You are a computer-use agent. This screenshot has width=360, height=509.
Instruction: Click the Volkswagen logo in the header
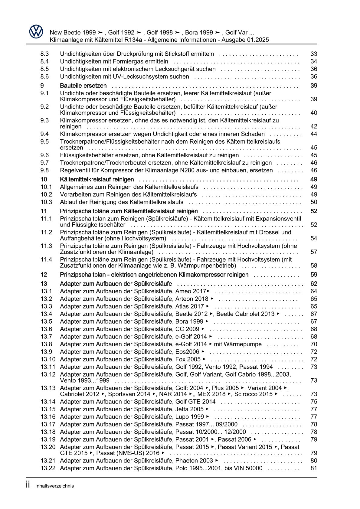point(36,31)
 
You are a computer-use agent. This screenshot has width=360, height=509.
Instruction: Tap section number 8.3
point(44,54)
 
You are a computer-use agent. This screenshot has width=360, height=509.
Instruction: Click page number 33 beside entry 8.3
point(314,54)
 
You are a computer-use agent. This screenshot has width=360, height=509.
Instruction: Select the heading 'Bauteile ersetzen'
point(83,86)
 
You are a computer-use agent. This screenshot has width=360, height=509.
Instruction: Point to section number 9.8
point(44,170)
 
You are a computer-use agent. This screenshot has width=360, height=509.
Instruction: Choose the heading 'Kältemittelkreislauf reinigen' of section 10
point(97,179)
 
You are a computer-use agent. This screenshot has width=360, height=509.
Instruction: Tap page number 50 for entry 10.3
point(314,202)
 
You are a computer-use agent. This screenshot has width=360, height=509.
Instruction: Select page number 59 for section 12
point(314,275)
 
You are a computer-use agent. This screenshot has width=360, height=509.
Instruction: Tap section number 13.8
point(46,344)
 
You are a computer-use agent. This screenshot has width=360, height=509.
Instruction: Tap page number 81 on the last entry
point(314,468)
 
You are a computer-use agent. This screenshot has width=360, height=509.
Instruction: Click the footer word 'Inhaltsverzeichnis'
point(54,486)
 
